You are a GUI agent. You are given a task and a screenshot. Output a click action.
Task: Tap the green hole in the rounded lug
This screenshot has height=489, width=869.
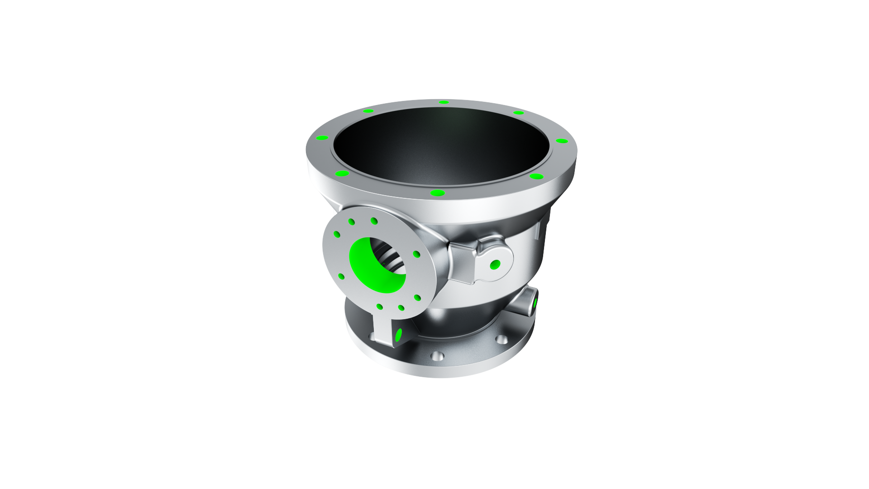495,264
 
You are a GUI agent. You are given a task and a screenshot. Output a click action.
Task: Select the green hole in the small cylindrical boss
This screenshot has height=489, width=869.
535,303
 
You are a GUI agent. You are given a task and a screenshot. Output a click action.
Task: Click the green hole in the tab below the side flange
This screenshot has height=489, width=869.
398,335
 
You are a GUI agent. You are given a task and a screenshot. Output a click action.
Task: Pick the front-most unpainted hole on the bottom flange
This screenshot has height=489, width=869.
437,356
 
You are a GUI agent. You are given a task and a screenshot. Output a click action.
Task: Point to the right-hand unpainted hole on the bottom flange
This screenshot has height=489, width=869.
501,339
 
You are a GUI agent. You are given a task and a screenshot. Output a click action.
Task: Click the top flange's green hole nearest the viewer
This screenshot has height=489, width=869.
438,193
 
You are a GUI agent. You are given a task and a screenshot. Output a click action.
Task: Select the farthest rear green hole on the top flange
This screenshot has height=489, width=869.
444,102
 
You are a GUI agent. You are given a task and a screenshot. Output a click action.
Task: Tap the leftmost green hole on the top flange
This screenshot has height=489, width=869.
322,138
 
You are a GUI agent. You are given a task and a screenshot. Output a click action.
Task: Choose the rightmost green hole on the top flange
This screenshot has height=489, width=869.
561,141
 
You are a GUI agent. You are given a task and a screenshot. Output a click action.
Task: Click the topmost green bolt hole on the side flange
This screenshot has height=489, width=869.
374,221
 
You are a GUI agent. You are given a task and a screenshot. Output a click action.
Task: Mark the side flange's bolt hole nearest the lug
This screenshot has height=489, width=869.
416,254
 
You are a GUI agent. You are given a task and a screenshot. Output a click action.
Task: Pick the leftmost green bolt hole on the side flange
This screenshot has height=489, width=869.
337,234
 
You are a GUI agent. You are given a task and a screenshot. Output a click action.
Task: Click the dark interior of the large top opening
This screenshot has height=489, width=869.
439,145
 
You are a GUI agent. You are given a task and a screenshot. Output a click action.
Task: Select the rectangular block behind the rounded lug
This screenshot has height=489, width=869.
462,263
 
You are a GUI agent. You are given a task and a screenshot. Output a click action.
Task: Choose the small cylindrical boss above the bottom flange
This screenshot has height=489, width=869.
525,303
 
